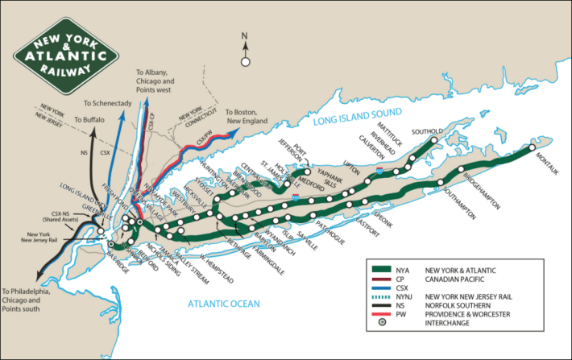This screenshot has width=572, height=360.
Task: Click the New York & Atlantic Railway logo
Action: click(66, 56)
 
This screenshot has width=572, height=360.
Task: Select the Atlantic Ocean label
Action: click(225, 304)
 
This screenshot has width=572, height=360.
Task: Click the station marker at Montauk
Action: click(530, 148)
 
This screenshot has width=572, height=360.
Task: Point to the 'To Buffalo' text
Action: click(89, 120)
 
